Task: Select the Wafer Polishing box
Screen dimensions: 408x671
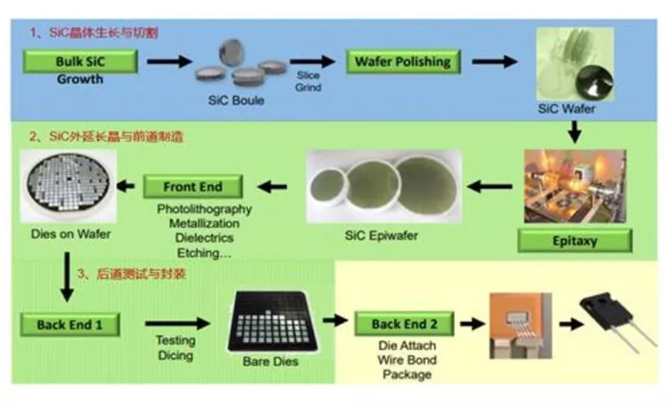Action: (403, 61)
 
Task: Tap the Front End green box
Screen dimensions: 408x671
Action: (192, 186)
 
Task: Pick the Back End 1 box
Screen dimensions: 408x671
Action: (70, 324)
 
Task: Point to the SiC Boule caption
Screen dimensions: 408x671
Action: (237, 101)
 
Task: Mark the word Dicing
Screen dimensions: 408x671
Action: (175, 356)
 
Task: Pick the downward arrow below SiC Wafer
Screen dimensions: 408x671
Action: (575, 131)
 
